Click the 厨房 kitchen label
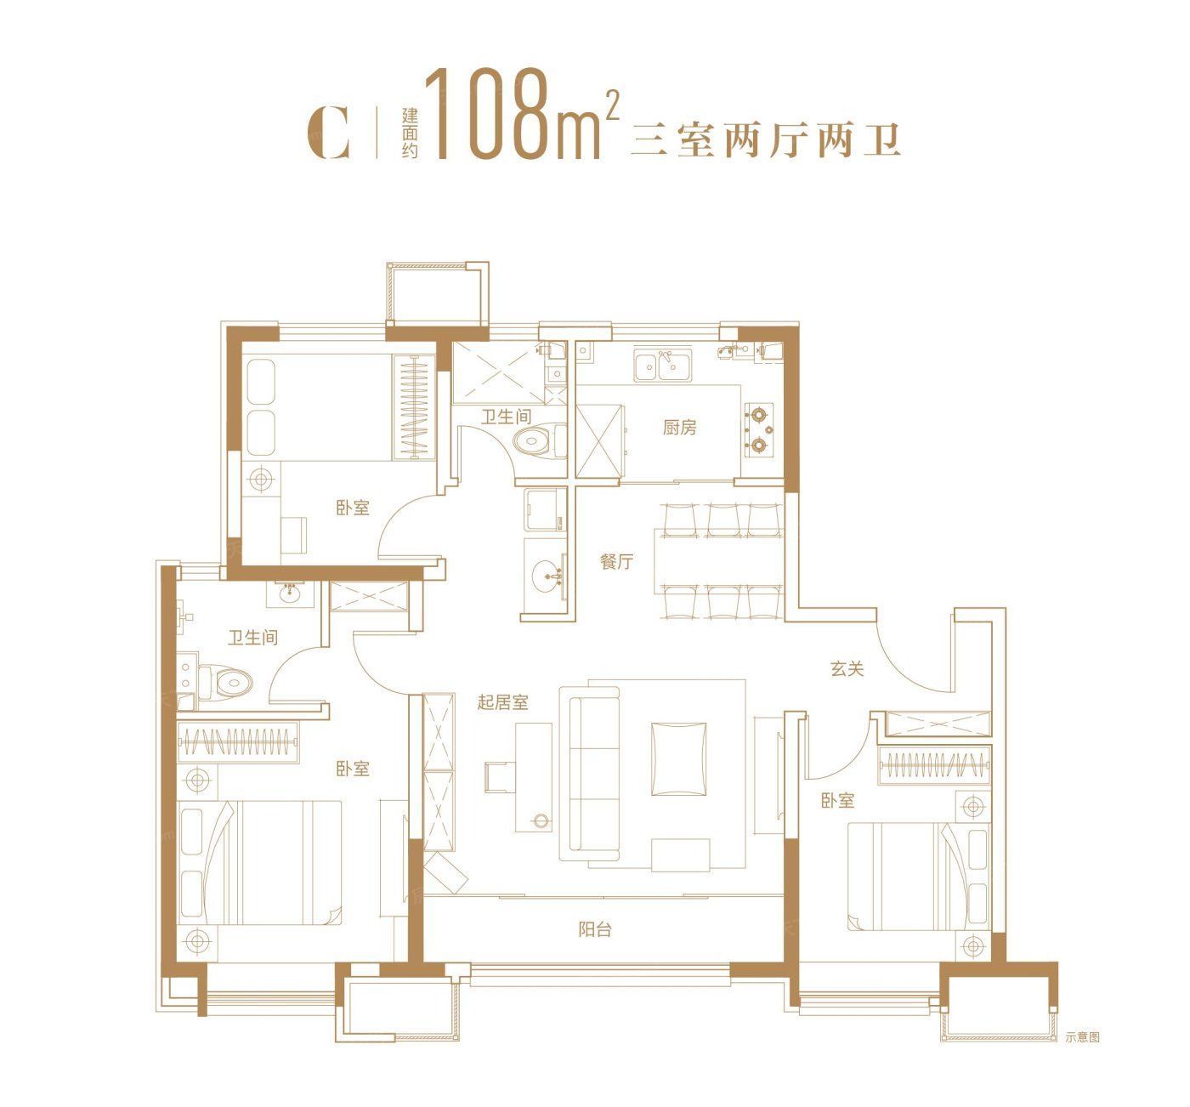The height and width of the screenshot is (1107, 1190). pyautogui.click(x=679, y=428)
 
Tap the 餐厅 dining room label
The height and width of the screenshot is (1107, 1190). pyautogui.click(x=616, y=562)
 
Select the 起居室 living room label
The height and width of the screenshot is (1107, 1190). pyautogui.click(x=502, y=701)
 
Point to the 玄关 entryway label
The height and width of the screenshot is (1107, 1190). pyautogui.click(x=847, y=669)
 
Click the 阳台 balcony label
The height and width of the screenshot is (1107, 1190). pyautogui.click(x=595, y=929)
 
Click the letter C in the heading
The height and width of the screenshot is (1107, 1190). pyautogui.click(x=328, y=133)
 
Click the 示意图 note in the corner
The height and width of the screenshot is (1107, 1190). pyautogui.click(x=1082, y=1037)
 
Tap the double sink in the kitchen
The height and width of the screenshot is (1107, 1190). pyautogui.click(x=663, y=365)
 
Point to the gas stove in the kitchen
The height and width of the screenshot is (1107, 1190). pyautogui.click(x=759, y=429)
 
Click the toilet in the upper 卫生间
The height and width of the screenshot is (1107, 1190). pyautogui.click(x=539, y=442)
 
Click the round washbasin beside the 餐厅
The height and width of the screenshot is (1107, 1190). pyautogui.click(x=547, y=576)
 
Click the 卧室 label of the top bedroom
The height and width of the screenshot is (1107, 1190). pyautogui.click(x=353, y=508)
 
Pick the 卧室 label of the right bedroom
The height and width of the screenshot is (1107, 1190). pyautogui.click(x=837, y=800)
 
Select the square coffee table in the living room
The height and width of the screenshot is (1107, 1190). pyautogui.click(x=678, y=758)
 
